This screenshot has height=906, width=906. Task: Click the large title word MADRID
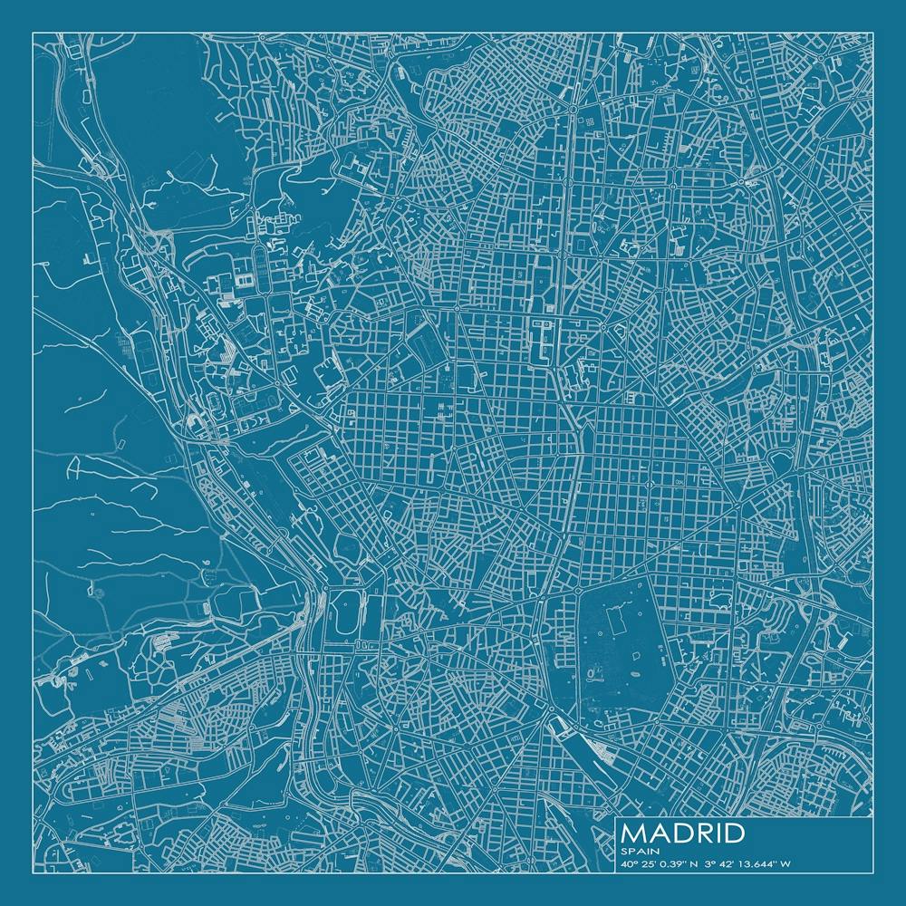pos(684,833)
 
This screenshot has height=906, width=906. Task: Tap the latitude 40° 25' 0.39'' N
pos(661,863)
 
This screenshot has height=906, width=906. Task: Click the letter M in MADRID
pos(634,833)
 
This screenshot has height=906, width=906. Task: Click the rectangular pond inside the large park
pos(615,622)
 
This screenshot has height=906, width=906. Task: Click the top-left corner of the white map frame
pos(33,33)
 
